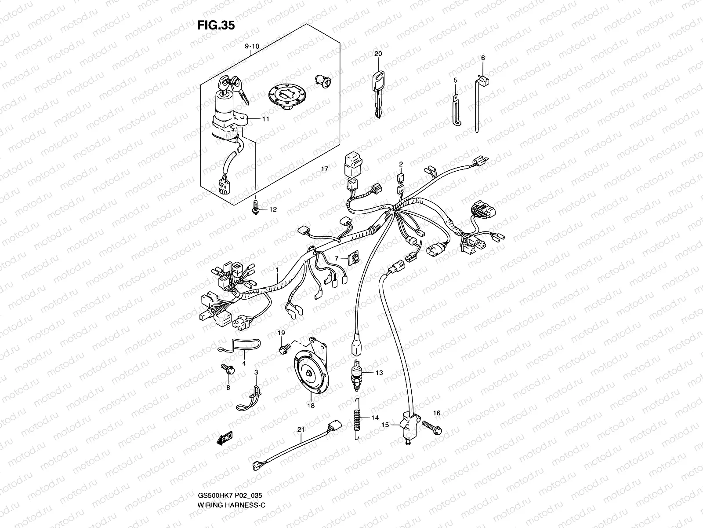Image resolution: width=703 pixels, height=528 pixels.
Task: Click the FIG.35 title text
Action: [x=216, y=26]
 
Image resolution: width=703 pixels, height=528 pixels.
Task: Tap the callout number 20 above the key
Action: [x=378, y=54]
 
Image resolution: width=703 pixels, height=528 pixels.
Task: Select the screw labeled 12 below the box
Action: [x=256, y=207]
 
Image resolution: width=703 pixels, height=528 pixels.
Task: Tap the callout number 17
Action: [x=325, y=169]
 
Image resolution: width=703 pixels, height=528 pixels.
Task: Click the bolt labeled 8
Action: [x=228, y=370]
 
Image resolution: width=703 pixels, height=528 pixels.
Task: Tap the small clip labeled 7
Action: [x=353, y=258]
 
